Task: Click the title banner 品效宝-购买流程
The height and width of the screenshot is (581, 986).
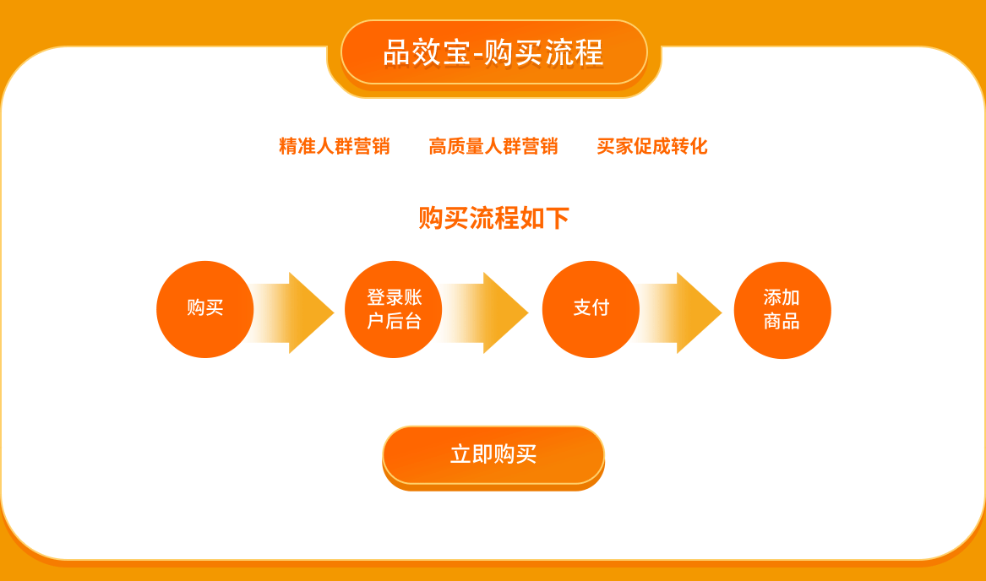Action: tap(493, 52)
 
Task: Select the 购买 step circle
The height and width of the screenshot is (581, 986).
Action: tap(205, 309)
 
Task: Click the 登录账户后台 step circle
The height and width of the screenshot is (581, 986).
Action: tap(393, 309)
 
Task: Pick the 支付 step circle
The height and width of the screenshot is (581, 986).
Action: tap(591, 309)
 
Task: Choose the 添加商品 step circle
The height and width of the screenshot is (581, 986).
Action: tap(782, 310)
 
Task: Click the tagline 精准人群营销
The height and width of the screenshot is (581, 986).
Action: tap(335, 146)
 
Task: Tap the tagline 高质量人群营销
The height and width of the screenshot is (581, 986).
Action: tap(493, 146)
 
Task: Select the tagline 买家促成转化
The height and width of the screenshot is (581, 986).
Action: tap(652, 146)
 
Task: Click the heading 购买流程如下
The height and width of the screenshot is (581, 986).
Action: tap(493, 218)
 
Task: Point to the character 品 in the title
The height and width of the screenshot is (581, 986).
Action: tap(397, 52)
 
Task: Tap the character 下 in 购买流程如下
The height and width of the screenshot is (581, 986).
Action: tap(557, 218)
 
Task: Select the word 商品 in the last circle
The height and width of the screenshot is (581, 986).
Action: tap(782, 321)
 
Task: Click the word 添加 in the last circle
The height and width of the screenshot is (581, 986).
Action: tap(782, 297)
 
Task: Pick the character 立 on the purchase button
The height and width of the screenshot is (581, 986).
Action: tap(461, 454)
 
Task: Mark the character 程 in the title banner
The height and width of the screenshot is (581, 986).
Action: tap(590, 52)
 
